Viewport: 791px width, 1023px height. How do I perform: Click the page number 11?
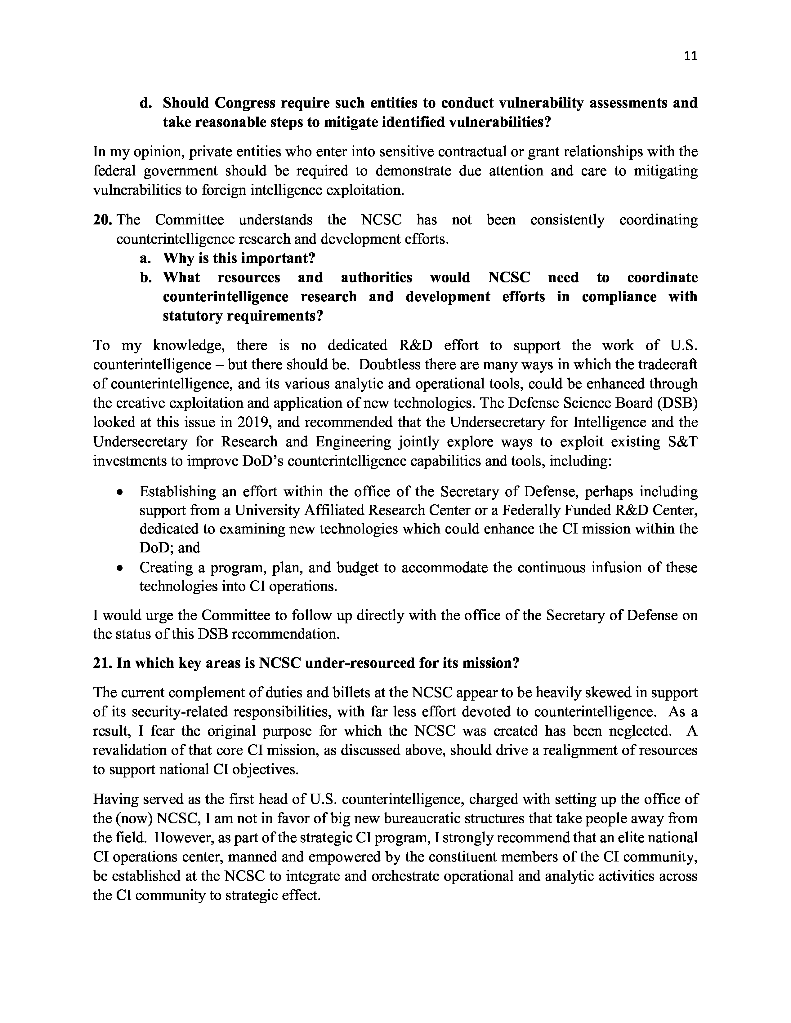(x=690, y=56)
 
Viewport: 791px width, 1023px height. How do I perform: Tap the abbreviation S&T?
(x=682, y=442)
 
